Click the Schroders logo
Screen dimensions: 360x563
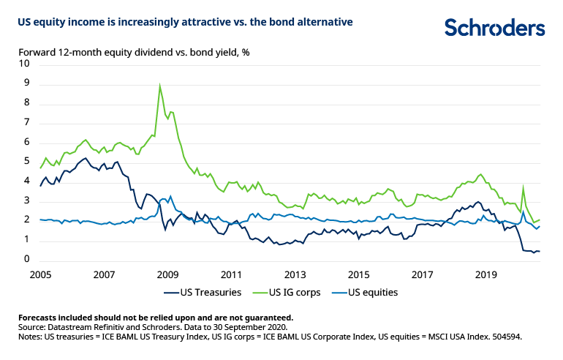494,28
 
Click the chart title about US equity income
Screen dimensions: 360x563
186,22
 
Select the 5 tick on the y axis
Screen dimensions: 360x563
28,162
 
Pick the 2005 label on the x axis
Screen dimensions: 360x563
40,274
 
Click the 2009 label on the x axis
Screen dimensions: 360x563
167,274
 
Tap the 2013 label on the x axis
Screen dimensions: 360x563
294,274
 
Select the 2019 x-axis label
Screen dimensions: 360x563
485,274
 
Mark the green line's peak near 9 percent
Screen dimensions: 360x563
160,86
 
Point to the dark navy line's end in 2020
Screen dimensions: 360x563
540,252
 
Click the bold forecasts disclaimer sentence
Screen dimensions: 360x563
156,318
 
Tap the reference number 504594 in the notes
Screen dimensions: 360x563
503,337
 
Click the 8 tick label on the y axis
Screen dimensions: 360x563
28,103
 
